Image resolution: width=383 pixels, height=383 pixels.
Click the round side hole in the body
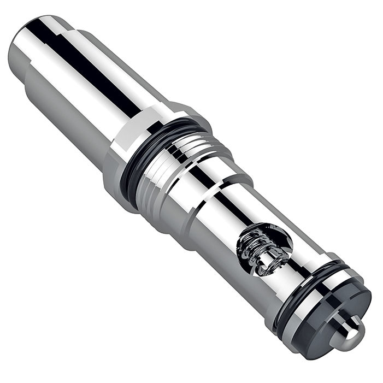click(x=263, y=249)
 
